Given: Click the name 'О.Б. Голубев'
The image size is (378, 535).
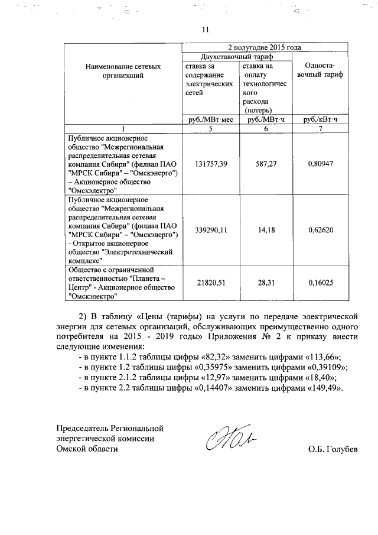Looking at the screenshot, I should click(x=333, y=449).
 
